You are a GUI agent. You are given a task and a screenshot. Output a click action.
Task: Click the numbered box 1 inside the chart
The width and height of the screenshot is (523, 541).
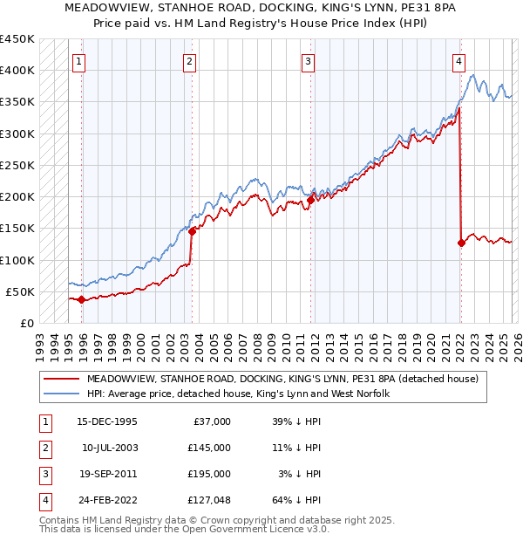tap(79, 61)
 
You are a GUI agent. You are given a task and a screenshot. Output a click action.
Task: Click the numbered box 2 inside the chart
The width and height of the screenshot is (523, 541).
tap(189, 61)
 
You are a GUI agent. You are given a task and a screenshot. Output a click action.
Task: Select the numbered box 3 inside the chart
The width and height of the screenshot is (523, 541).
tap(309, 61)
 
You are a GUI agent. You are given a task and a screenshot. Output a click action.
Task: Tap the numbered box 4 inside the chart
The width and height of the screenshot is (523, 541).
tap(458, 61)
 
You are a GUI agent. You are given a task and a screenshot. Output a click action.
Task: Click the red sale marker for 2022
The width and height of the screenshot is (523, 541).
tap(461, 243)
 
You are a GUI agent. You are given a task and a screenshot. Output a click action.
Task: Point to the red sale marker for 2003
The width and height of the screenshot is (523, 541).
tap(192, 231)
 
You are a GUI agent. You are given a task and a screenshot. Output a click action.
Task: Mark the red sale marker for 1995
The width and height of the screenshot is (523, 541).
tap(82, 299)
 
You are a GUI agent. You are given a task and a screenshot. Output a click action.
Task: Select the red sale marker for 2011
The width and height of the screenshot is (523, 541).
tap(310, 200)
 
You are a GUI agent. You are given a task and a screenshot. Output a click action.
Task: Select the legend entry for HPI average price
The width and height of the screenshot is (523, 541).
tap(237, 394)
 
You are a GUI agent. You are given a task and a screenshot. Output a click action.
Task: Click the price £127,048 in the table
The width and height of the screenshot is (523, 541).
tap(207, 500)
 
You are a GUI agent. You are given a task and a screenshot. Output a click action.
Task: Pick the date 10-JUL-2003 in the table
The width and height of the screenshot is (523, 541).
tap(111, 448)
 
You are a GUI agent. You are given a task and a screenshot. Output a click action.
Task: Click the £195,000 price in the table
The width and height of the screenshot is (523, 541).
tap(207, 474)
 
